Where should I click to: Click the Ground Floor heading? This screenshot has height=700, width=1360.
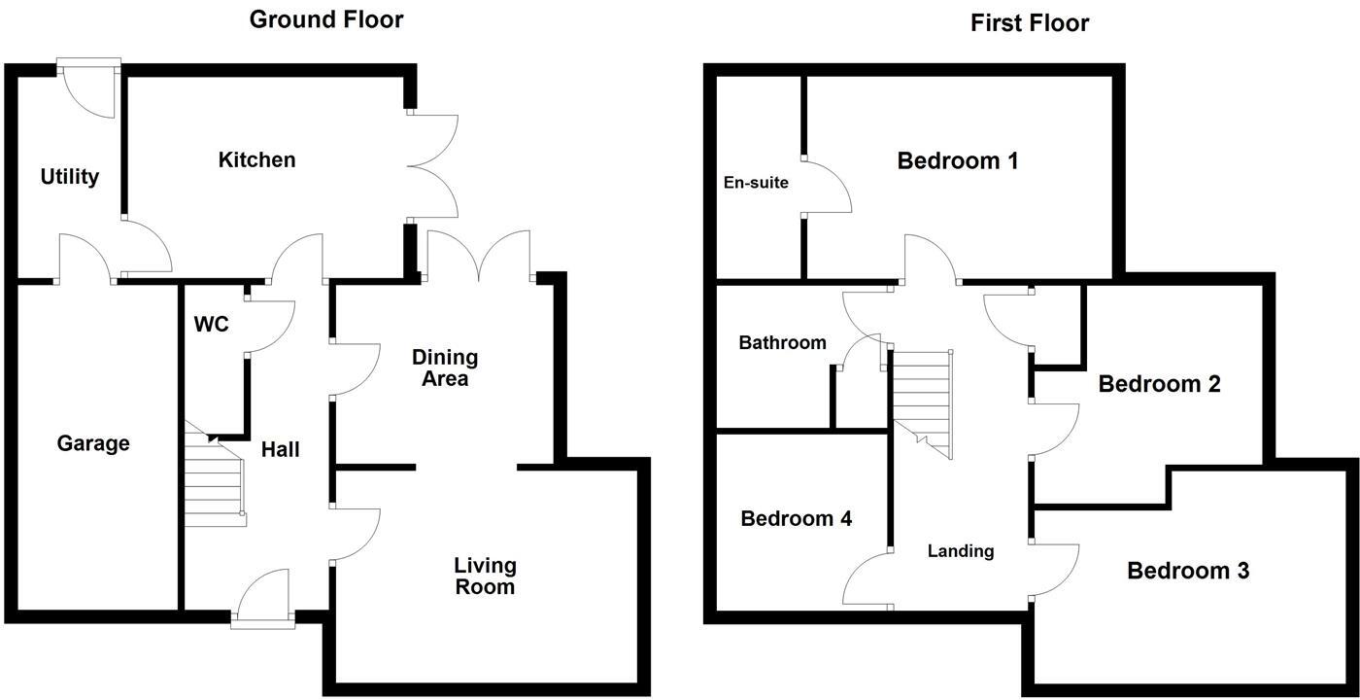point(326,19)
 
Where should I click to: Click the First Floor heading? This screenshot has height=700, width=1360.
point(1030,23)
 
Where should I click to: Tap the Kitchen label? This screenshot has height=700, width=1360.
point(256,159)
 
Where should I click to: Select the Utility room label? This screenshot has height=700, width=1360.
point(70,177)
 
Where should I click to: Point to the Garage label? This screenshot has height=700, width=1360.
point(93,443)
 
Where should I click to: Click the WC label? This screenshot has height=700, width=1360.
point(212,325)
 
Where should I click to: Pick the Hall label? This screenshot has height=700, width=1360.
point(280,449)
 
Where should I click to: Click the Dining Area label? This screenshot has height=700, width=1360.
point(445,367)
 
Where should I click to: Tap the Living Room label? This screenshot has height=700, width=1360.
point(485,576)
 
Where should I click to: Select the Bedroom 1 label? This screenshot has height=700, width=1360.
point(958,161)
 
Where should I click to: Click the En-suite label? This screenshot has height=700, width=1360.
point(756,183)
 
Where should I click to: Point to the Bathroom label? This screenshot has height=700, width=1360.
point(782,342)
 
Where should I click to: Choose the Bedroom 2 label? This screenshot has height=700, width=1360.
point(1159,384)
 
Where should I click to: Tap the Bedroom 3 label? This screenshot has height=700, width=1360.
point(1188,571)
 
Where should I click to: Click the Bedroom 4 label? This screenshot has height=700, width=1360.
point(796,518)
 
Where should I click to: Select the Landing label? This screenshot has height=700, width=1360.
point(961,551)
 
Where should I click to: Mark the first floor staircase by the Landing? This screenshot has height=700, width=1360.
point(922,404)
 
